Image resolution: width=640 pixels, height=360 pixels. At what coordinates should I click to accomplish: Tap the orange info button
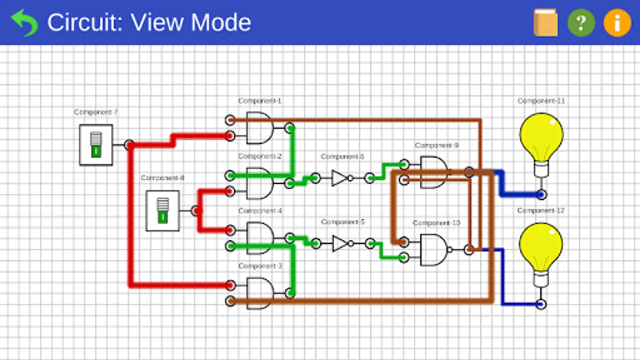pyautogui.click(x=617, y=23)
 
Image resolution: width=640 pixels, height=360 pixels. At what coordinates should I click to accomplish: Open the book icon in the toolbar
pyautogui.click(x=546, y=23)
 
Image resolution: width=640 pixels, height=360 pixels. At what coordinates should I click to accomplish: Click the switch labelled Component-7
pyautogui.click(x=96, y=145)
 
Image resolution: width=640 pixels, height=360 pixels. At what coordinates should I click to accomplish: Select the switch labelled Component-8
pyautogui.click(x=162, y=211)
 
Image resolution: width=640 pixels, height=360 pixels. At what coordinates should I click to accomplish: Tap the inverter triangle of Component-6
pyautogui.click(x=340, y=178)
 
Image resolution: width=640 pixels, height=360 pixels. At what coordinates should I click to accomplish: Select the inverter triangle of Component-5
pyautogui.click(x=340, y=243)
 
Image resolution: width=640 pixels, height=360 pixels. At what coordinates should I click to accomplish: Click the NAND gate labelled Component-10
pyautogui.click(x=434, y=250)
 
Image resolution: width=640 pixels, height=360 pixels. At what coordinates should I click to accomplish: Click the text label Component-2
pyautogui.click(x=260, y=156)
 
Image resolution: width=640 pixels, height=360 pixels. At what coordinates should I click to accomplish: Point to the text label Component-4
pyautogui.click(x=260, y=210)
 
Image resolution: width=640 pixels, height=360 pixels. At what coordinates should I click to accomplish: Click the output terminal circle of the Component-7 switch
pyautogui.click(x=129, y=145)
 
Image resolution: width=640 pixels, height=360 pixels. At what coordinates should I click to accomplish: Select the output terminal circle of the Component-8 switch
pyautogui.click(x=196, y=211)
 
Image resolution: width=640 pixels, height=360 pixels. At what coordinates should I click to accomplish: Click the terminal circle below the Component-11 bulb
pyautogui.click(x=541, y=195)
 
